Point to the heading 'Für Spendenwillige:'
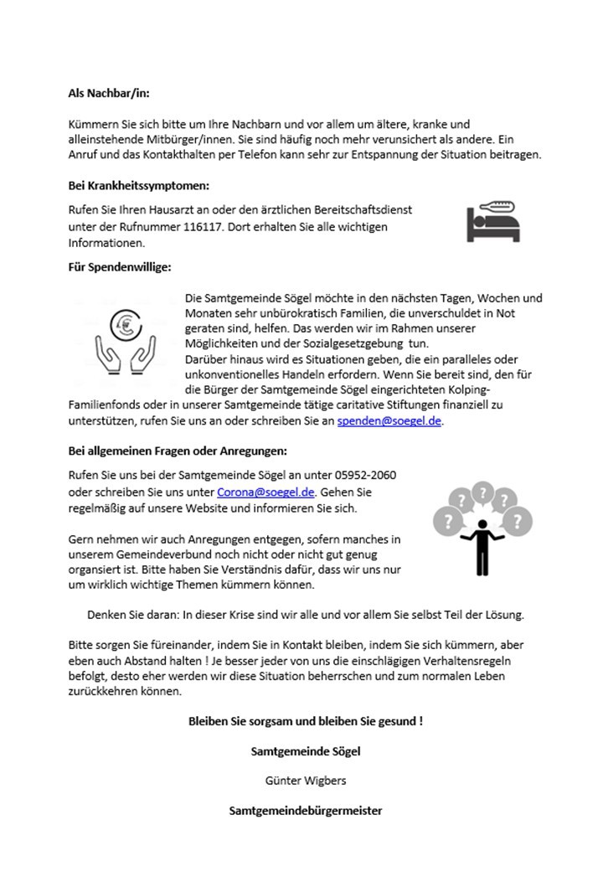119,268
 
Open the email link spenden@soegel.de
389,421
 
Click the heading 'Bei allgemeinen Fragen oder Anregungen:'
178,451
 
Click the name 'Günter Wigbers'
305,781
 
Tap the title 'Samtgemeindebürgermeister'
306,811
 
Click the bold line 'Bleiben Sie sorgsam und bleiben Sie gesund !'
306,720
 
